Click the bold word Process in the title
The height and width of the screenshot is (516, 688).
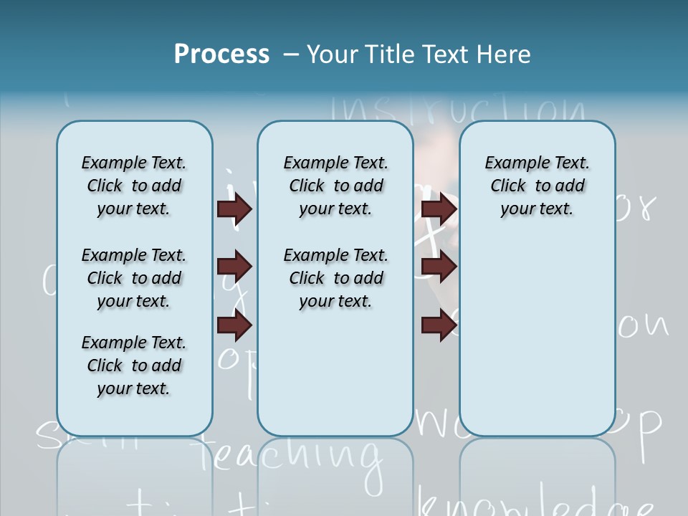coord(221,54)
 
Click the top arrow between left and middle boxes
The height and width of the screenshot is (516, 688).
coord(234,209)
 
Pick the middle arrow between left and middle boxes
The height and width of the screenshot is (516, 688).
coord(234,267)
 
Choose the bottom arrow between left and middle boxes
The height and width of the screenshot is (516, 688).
coord(234,326)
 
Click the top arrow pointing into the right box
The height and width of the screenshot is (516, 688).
coord(439,209)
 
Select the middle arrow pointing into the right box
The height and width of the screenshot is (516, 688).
coord(439,267)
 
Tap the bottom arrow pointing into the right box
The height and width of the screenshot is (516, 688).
coord(439,326)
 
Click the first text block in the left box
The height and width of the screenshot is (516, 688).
coord(134,186)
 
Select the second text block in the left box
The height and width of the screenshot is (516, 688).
coord(134,278)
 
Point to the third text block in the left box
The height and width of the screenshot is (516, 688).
coord(134,365)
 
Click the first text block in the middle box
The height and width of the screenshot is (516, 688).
coord(335,186)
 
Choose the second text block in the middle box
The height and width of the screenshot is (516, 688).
coord(335,278)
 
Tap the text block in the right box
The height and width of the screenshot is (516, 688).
coord(537,186)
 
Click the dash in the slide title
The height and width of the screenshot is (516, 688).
coord(291,54)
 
